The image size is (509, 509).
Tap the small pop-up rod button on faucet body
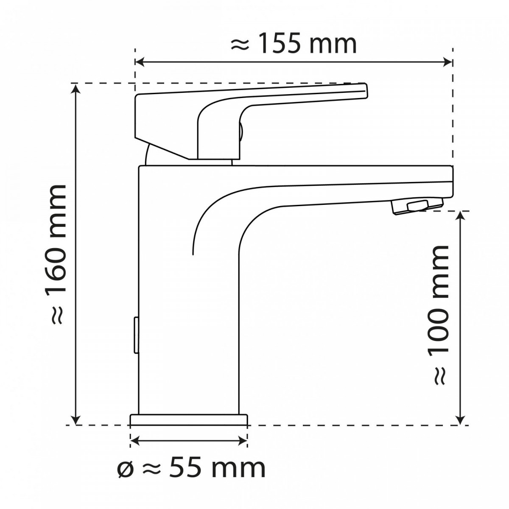136,335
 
